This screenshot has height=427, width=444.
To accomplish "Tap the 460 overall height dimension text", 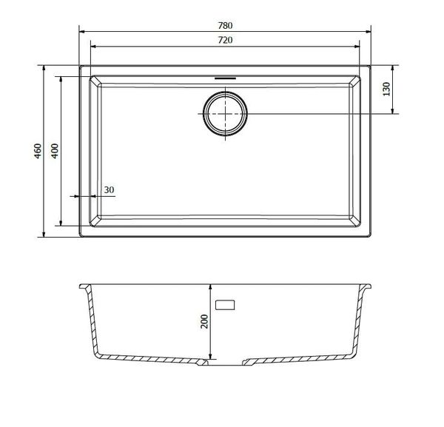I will click(x=37, y=152).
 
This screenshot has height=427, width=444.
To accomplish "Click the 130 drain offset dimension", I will click(x=386, y=90).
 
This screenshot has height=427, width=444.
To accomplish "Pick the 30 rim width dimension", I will click(x=110, y=190).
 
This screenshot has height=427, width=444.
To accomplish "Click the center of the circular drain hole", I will click(x=225, y=114).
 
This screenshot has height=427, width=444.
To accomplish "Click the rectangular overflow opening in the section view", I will click(x=225, y=304).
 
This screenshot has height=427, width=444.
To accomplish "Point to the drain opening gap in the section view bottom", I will click(x=225, y=363).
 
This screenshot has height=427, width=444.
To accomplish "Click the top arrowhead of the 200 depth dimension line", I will click(x=213, y=286).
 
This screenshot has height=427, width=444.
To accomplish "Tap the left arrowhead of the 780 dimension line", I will click(x=82, y=32).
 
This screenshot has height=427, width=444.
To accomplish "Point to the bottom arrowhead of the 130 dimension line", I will click(x=394, y=112).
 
